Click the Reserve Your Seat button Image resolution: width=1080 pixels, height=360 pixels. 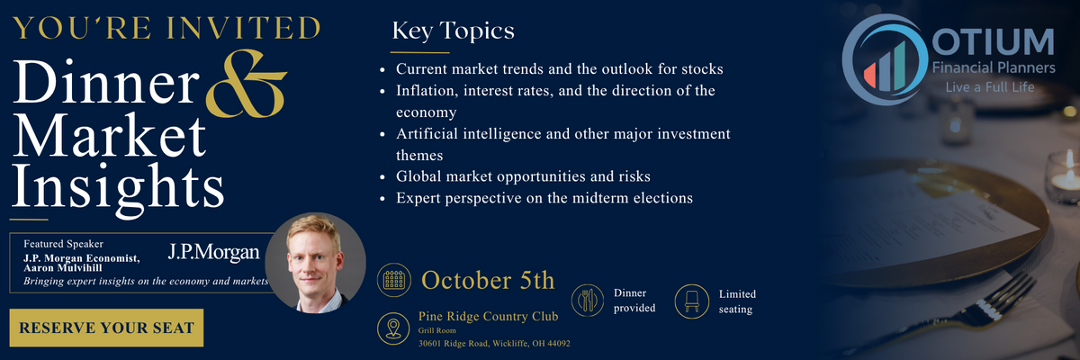[x=106, y=328]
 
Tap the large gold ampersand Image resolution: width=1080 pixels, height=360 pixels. [x=246, y=84]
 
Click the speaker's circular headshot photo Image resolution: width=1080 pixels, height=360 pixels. [x=315, y=263]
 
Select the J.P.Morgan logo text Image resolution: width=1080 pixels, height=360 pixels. [x=213, y=252]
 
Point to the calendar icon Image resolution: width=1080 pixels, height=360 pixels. [x=394, y=280]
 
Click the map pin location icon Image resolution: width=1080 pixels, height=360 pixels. [x=393, y=328]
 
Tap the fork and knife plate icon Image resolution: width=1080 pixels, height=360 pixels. [x=587, y=301]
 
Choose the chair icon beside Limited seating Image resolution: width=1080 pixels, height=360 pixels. [x=691, y=301]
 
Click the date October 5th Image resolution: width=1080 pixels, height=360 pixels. [x=488, y=281]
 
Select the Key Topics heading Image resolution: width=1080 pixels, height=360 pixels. [x=454, y=31]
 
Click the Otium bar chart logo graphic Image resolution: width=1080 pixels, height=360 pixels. [x=886, y=59]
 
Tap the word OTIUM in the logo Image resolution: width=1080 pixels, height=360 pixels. [x=993, y=42]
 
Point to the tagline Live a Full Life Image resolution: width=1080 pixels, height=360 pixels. [x=990, y=87]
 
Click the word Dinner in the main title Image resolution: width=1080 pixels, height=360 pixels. [x=106, y=81]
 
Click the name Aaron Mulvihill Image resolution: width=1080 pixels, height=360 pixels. [x=63, y=268]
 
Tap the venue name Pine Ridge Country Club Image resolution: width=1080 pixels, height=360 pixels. [x=489, y=316]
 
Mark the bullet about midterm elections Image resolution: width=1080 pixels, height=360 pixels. [x=544, y=198]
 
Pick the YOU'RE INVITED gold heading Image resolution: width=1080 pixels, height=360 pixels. [x=166, y=29]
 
